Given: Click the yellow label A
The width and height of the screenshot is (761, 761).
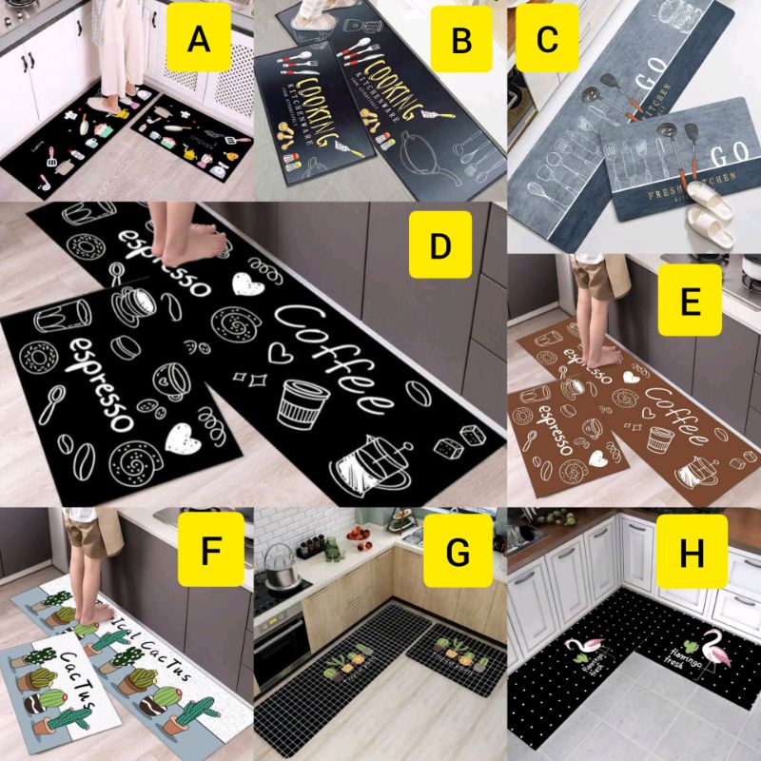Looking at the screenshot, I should click(198, 39).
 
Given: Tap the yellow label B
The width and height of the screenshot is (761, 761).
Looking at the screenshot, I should click(461, 39).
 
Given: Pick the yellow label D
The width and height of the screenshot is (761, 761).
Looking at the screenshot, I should click(439, 245).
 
